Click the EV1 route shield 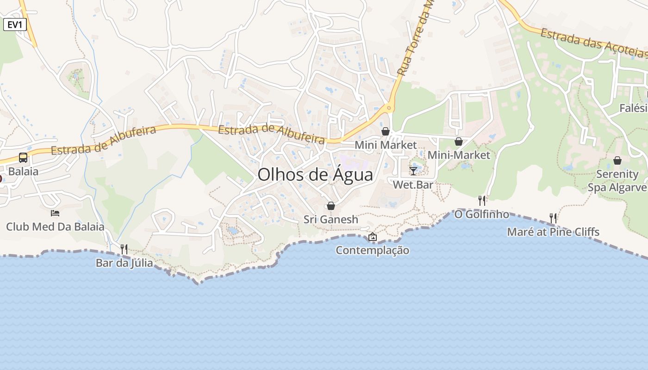15,25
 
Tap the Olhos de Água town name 315,175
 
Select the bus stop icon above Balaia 23,157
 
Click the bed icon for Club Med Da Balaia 55,213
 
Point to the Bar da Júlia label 124,263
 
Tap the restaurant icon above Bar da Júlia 124,249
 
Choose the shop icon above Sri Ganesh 331,206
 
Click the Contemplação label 372,250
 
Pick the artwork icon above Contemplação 373,237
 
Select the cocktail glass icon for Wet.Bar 413,171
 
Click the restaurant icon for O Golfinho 482,200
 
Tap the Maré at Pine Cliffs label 553,232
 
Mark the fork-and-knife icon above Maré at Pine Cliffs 553,218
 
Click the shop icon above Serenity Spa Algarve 617,160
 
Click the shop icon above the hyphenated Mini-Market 459,142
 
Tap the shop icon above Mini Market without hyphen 386,131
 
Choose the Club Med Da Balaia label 55,227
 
